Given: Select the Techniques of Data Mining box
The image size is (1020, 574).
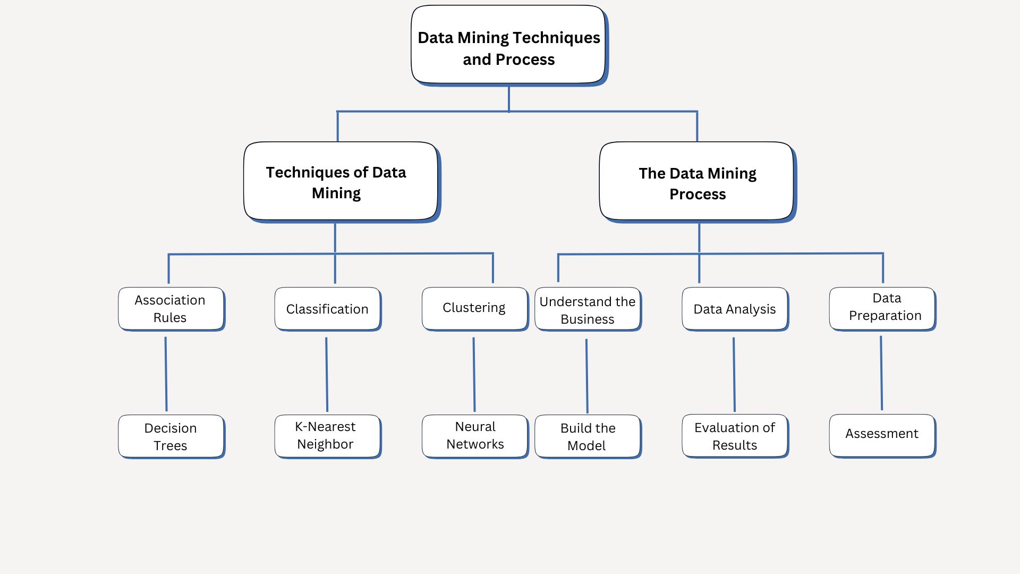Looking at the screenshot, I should pos(341,181).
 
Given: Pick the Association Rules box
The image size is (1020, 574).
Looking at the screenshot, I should pos(171,309).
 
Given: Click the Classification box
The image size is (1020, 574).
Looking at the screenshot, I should pos(327,309).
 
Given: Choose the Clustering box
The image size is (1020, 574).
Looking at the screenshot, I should pos(474,309).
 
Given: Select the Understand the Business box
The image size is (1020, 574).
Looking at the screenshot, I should pos(587,309).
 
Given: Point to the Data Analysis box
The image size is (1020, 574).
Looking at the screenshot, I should pos(735,309).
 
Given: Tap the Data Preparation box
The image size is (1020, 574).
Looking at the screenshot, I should pos(882,308).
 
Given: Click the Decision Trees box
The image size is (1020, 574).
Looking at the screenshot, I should pos(171,436).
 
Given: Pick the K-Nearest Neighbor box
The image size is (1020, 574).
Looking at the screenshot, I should pos(327,436).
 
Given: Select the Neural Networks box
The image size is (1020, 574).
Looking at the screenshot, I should pos(474,436).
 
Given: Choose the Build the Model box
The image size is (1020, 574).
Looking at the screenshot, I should pos(587,436).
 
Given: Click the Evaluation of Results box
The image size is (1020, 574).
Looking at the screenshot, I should pos(735,436).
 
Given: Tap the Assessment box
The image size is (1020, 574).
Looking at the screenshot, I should pos(882,435).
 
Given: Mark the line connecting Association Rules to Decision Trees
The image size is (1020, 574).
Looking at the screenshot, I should pos(166,374).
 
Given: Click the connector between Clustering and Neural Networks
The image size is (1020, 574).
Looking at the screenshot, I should pos(474,374).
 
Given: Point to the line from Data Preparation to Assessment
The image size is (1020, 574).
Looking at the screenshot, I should pos(881,373).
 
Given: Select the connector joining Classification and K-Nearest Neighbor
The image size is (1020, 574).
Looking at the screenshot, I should pos(327,374).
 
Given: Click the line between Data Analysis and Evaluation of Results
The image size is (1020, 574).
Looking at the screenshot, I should pos(734,374).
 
